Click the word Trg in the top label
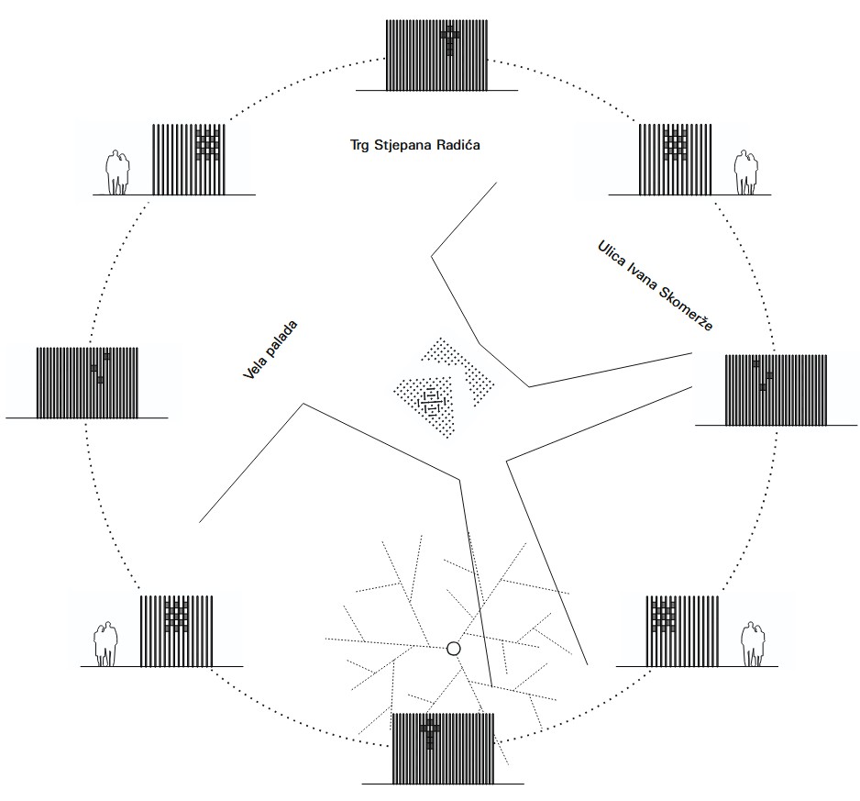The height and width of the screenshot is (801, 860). (359, 146)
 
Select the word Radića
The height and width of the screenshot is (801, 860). (458, 145)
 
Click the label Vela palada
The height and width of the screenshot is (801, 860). (270, 350)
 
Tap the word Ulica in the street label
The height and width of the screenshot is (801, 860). (611, 252)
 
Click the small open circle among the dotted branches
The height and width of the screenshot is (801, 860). (453, 649)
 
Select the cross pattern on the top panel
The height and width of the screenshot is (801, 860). (450, 40)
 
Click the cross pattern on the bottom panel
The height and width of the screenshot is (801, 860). (430, 734)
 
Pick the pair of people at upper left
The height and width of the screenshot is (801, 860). (118, 172)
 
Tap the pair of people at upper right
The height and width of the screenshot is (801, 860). (747, 172)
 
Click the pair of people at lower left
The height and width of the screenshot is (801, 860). (105, 644)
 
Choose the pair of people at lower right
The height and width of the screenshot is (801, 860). (753, 644)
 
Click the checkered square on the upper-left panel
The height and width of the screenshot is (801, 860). (208, 144)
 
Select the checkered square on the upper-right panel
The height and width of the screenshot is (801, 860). (675, 144)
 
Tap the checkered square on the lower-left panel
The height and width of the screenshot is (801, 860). (177, 617)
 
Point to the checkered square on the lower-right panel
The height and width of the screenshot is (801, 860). (664, 617)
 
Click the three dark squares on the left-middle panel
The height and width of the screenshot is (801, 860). (100, 368)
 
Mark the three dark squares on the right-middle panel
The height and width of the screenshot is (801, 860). (763, 375)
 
